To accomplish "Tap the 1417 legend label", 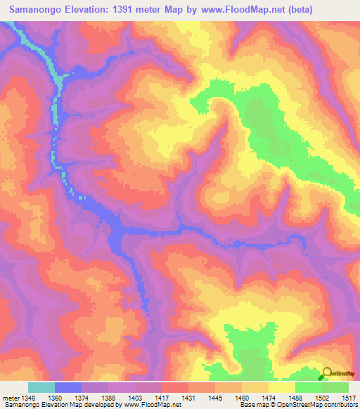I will [x=162, y=398].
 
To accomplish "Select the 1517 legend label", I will [x=349, y=398].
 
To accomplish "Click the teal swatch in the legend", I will [x=41, y=387].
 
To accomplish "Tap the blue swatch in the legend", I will [x=68, y=387].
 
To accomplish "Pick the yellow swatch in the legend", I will [x=281, y=387].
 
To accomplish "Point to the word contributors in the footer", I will [x=341, y=405].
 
